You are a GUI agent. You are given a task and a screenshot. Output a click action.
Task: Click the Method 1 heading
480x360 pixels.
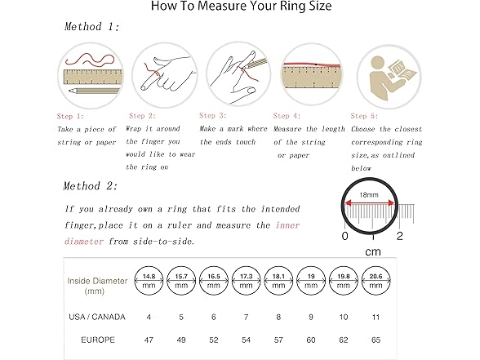tap(91, 27)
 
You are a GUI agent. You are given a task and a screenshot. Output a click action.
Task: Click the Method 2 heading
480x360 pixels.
tap(92, 186)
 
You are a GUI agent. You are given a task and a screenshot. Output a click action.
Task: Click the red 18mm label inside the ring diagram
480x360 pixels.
tap(372, 197)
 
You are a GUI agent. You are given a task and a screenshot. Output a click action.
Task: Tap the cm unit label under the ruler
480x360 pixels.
tap(371, 251)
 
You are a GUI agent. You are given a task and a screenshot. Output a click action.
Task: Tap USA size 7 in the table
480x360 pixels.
tap(247, 315)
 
